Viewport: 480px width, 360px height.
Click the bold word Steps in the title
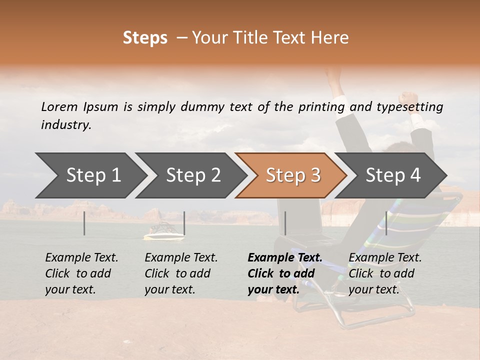pyautogui.click(x=145, y=38)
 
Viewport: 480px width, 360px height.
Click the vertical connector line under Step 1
pyautogui.click(x=84, y=223)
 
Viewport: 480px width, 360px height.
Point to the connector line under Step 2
pyautogui.click(x=184, y=223)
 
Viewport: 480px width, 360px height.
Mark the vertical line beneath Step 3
pyautogui.click(x=285, y=223)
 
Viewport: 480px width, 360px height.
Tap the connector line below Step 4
pyautogui.click(x=386, y=223)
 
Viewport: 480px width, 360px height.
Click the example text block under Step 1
pyautogui.click(x=81, y=273)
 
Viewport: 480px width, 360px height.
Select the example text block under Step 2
pyautogui.click(x=181, y=273)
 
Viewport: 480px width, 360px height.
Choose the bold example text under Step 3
pyautogui.click(x=284, y=273)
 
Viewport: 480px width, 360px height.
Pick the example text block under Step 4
pyautogui.click(x=385, y=273)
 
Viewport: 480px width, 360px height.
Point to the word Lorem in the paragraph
pyautogui.click(x=59, y=106)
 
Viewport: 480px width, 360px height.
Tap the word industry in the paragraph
pyautogui.click(x=66, y=124)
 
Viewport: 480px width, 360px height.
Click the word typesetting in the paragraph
pyautogui.click(x=410, y=106)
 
